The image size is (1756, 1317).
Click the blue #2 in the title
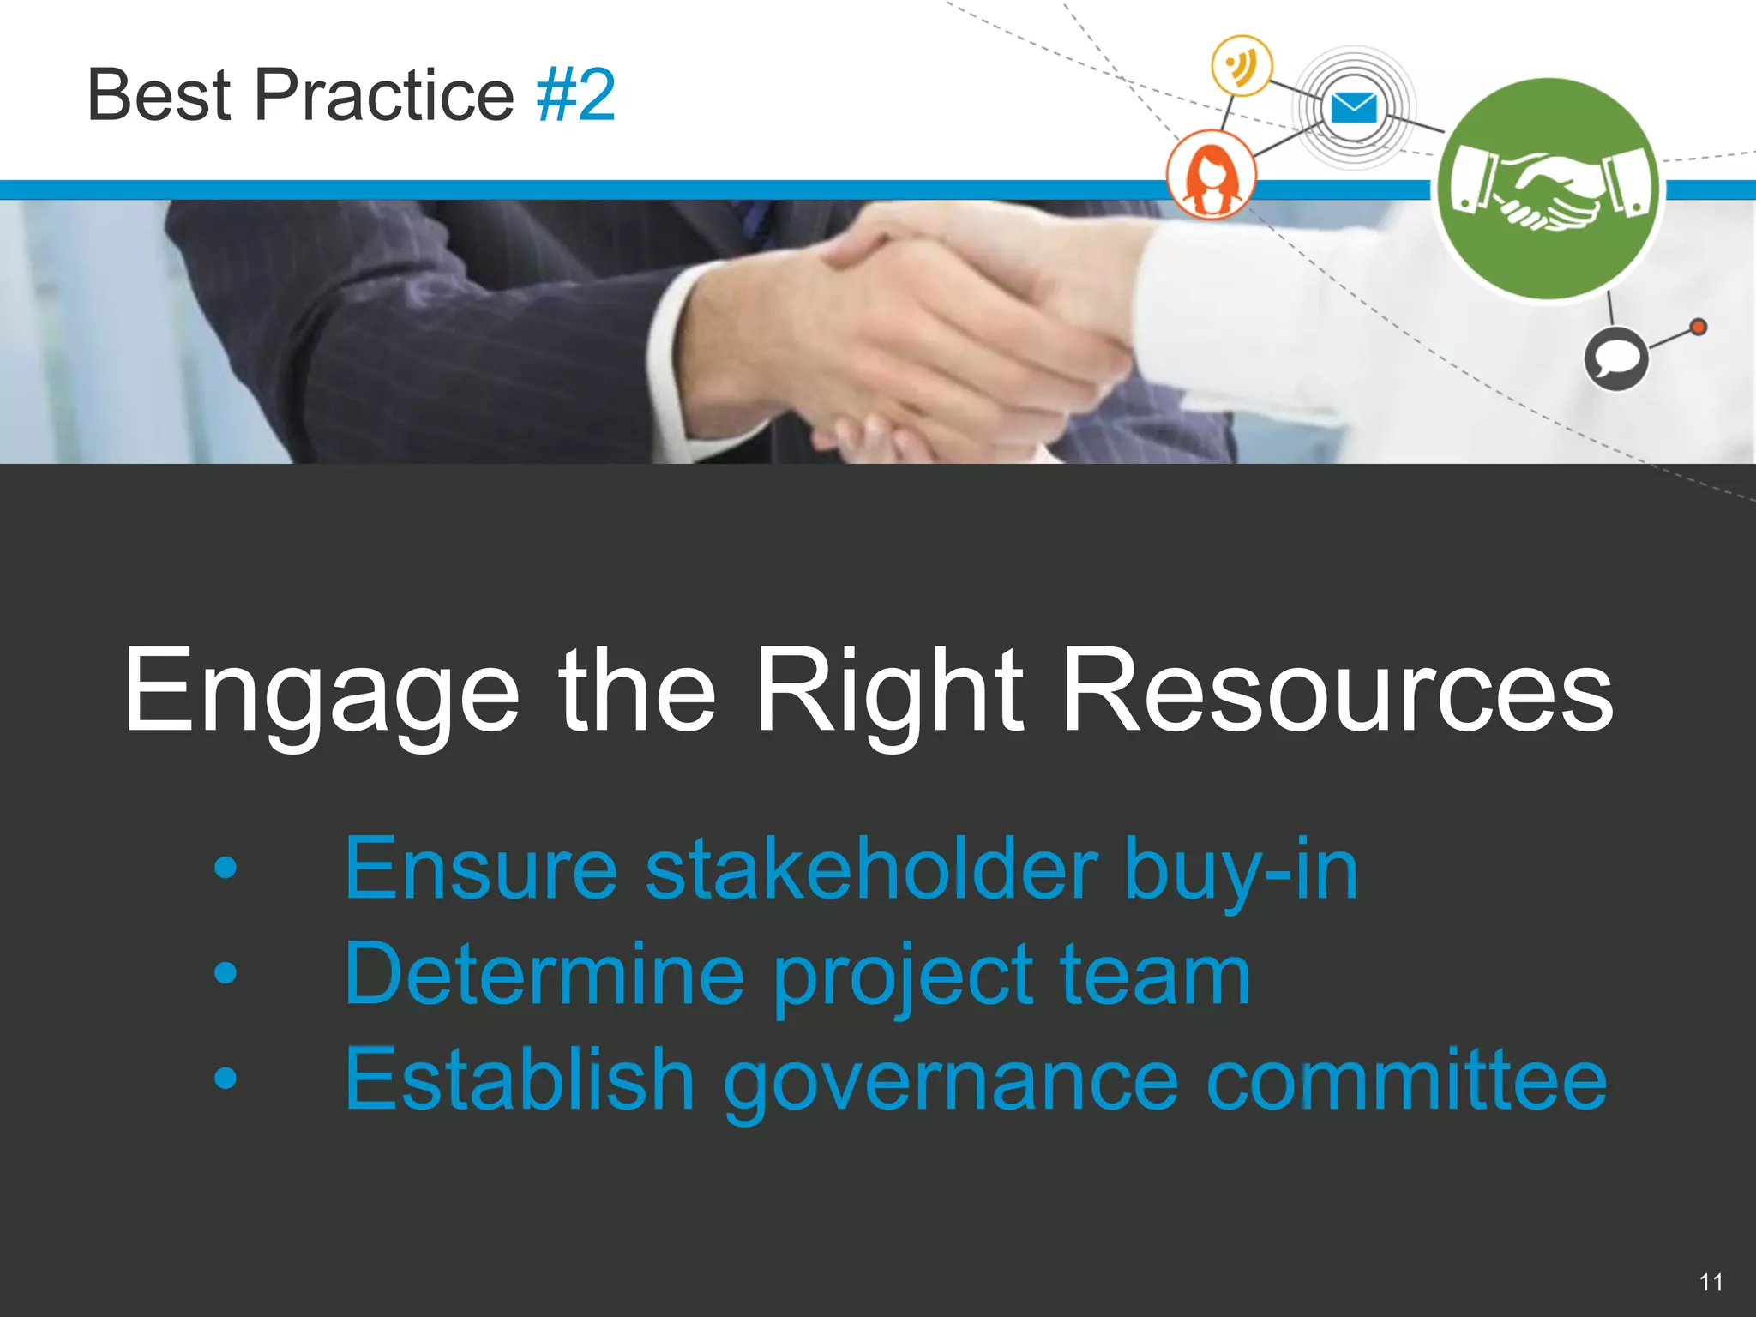576,95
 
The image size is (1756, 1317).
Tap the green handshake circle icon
1549,189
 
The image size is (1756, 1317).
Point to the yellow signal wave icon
1241,65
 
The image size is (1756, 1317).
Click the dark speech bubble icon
1615,358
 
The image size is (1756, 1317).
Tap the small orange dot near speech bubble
1698,327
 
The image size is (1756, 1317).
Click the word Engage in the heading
322,693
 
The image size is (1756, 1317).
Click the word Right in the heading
889,693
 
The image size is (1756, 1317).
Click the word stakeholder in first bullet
871,869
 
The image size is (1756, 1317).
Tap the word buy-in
1241,871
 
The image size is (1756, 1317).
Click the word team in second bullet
1155,976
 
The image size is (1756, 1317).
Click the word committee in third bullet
1406,1080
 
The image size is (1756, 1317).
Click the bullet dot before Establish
226,1078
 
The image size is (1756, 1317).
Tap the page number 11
1711,1283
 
